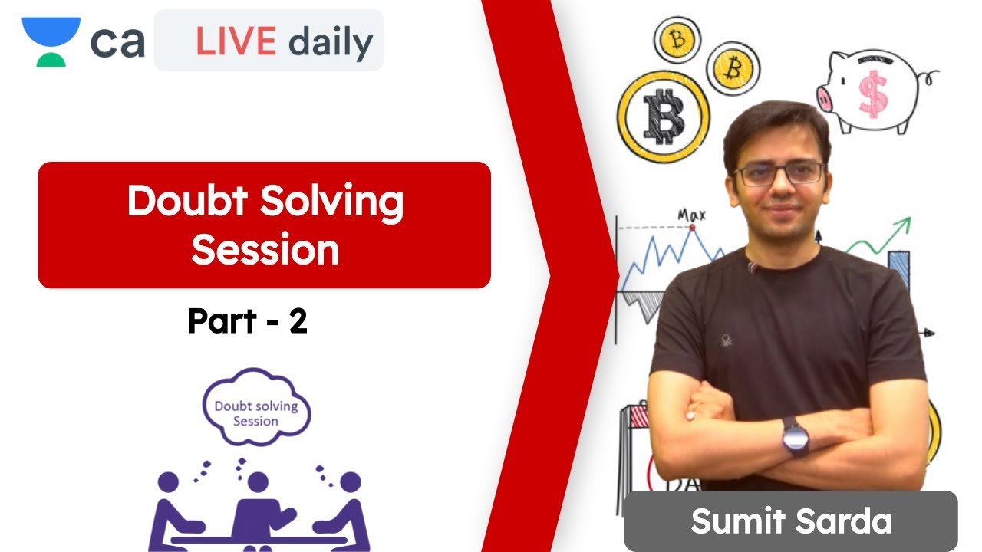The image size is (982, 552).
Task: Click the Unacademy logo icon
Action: click(51, 41)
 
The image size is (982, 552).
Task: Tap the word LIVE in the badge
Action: click(236, 41)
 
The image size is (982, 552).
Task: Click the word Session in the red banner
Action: click(265, 249)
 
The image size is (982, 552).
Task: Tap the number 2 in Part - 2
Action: click(298, 322)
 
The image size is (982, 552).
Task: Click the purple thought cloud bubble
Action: click(255, 406)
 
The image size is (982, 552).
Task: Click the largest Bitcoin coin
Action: click(663, 117)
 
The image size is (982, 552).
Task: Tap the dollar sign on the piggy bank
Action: click(872, 94)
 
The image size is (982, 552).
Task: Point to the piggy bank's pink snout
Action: click(825, 97)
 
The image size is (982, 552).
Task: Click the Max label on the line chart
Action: click(690, 215)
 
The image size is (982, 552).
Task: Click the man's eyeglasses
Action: click(779, 173)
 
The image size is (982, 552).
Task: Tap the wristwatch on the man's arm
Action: click(796, 436)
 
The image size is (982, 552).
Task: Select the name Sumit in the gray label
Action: click(736, 521)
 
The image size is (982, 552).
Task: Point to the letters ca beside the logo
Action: click(117, 42)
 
